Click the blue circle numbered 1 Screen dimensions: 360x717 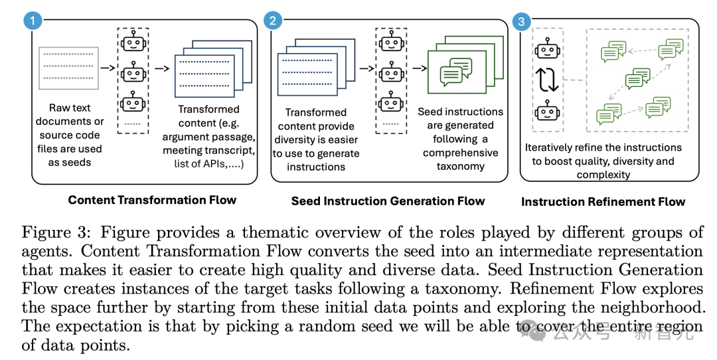point(33,21)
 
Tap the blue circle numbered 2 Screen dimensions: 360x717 point(272,21)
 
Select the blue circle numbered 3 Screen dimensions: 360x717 point(522,22)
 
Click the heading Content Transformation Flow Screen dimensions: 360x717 point(152,200)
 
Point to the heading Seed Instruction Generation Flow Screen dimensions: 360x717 point(388,201)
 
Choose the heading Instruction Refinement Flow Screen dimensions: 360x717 point(603,201)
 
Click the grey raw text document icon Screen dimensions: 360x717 point(68,68)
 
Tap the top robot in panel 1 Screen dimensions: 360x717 point(133,43)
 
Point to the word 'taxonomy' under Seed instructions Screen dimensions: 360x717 point(461,166)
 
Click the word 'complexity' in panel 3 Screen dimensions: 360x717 point(603,174)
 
